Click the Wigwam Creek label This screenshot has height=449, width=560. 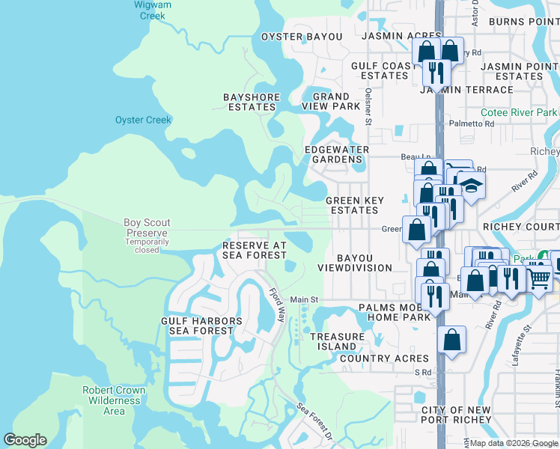point(150,10)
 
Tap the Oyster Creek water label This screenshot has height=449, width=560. point(143,120)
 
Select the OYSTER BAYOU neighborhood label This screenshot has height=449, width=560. point(301,37)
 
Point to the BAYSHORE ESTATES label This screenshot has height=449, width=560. point(252,102)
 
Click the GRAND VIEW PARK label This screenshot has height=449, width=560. point(331,102)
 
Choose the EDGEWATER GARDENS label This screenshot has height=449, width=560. point(336,154)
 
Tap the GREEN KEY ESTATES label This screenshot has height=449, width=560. point(355,205)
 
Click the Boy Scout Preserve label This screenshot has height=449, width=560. point(147,227)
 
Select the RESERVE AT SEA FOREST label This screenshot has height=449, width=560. point(255,250)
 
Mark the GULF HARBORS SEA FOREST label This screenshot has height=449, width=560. point(202,326)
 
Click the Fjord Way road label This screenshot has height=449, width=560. point(277,305)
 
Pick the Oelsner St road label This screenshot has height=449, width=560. point(368,105)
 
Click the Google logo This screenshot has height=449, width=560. point(25,440)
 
